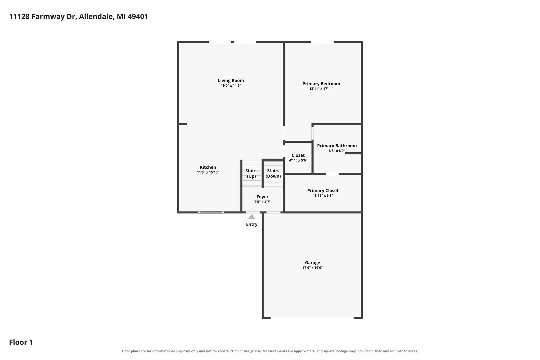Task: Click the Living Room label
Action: pos(231,81)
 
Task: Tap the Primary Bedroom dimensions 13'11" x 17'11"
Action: pos(321,89)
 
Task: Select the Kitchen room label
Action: pos(208,167)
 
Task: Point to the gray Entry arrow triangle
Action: pos(252,217)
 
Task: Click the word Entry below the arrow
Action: pos(252,224)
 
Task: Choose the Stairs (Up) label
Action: pos(251,173)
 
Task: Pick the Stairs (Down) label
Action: pos(273,173)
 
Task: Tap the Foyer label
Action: pos(262,197)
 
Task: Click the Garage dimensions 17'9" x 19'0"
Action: pos(312,268)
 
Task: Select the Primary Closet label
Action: pos(323,191)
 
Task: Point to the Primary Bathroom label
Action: pos(337,146)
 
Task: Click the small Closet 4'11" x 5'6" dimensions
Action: pos(298,160)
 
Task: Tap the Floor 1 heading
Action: pos(21,342)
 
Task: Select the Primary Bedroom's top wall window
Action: pos(323,42)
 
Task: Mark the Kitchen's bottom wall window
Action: pos(211,212)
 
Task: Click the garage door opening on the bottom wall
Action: pos(312,318)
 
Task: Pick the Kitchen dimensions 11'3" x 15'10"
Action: pos(208,172)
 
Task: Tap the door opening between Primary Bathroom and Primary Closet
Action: pos(332,174)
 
